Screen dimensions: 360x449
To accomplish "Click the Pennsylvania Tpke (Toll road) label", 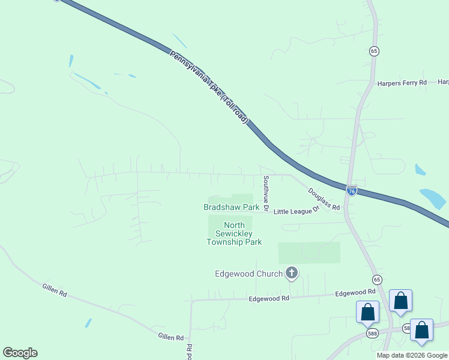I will (208, 87).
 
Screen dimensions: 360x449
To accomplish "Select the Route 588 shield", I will (373, 333).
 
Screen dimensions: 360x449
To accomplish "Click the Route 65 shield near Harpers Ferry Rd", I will (374, 52).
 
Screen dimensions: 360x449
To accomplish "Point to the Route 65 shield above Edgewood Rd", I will (376, 280).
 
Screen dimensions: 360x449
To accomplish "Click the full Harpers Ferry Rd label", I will (402, 83).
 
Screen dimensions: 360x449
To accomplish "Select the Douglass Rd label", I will (324, 199).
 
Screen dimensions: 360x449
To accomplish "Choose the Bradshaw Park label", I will (231, 207).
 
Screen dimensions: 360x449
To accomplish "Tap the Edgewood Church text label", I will (249, 274).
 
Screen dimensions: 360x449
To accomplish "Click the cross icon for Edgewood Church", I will (292, 274).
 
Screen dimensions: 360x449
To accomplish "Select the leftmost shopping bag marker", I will (367, 313).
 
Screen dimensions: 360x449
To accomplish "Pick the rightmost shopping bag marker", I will (422, 331).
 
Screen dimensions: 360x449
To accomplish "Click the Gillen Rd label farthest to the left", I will (53, 289).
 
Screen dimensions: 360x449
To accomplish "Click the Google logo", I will (20, 353).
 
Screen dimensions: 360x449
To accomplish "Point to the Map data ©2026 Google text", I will (412, 355).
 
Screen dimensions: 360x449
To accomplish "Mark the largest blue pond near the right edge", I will (434, 198).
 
